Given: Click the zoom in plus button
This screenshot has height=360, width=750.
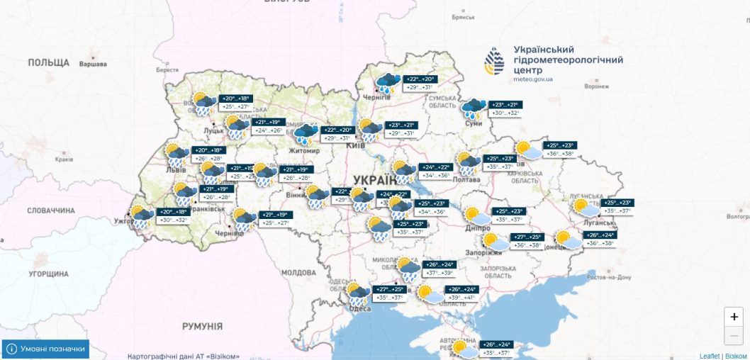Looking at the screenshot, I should (734, 317).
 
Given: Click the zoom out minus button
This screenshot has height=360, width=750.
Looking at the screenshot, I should (734, 335).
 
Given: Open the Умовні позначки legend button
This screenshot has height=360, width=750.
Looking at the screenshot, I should (46, 349).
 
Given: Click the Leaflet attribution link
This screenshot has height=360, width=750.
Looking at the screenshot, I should (709, 356).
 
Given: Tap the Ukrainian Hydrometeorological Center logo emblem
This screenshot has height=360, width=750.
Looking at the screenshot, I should (495, 62).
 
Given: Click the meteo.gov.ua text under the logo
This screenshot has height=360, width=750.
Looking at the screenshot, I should (533, 79).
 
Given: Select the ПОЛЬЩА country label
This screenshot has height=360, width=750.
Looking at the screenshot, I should (49, 63).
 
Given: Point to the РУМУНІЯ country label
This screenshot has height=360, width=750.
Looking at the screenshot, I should (202, 327).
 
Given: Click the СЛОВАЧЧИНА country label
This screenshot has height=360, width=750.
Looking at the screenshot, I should (51, 210).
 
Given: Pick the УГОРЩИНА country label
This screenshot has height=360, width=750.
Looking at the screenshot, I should (48, 273).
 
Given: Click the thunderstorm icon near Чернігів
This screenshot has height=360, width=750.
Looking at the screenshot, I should (388, 84).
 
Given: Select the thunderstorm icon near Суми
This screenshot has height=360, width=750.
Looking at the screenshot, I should (473, 108).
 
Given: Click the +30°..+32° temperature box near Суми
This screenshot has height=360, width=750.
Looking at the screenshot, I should (505, 113).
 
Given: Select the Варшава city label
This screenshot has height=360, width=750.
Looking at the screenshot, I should (93, 64).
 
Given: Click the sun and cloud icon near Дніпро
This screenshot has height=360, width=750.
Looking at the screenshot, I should (474, 215).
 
